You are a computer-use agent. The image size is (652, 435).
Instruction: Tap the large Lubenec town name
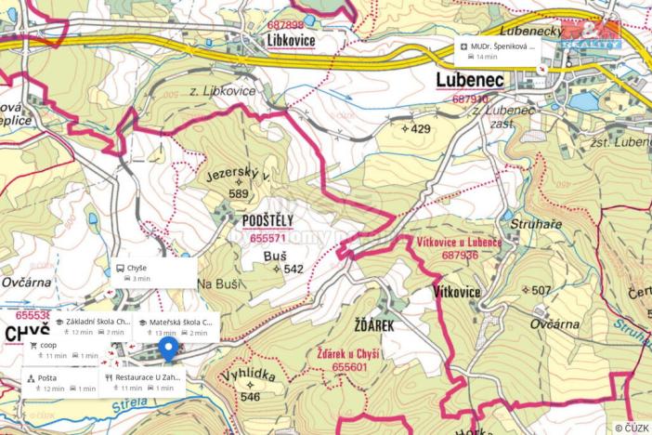469,81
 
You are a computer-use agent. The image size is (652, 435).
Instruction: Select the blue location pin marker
167,349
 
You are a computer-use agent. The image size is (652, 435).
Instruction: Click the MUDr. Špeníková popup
500,50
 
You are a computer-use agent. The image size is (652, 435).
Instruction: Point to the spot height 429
417,128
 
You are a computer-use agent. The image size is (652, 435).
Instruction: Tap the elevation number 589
239,194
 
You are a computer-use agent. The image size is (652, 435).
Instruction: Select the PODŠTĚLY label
267,220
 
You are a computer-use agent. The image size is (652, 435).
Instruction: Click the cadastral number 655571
267,237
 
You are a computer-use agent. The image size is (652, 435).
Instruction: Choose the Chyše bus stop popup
153,272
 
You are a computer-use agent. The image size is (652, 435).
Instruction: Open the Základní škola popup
91,326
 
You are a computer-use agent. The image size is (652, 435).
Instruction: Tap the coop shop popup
62,349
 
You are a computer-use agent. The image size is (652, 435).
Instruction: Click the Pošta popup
61,383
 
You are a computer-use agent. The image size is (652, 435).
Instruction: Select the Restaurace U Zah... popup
143,383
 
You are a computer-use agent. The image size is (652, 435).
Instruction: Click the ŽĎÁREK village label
374,326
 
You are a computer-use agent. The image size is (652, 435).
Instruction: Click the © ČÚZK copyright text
631,427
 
